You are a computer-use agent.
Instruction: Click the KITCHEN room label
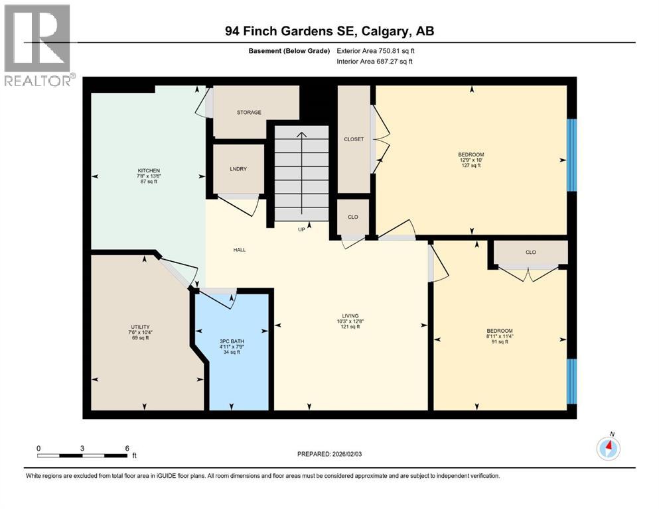pos(149,170)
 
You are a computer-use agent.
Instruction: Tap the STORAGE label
pos(249,113)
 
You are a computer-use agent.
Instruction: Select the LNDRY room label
pos(238,169)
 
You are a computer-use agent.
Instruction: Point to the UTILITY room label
pos(141,327)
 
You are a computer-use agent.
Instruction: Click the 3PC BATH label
pos(232,341)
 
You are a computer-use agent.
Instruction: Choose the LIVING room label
pos(350,316)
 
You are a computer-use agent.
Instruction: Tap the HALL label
pos(240,250)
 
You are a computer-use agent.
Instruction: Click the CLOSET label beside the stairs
pos(354,139)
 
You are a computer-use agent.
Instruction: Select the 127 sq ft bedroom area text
pos(471,165)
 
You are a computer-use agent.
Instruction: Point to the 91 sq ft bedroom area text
pos(500,341)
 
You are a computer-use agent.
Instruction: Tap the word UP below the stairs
pos(301,229)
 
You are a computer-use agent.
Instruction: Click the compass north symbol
pos(608,448)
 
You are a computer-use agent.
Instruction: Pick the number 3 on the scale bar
pos(82,448)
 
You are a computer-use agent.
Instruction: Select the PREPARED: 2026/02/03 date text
pos(329,454)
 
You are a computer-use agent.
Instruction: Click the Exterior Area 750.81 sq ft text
pos(376,51)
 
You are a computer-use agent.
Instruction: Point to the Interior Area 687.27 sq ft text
pos(374,61)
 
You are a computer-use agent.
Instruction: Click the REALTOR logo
pos(38,45)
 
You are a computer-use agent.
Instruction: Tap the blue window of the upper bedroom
pos(571,155)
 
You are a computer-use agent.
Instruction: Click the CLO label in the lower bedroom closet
pos(531,253)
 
